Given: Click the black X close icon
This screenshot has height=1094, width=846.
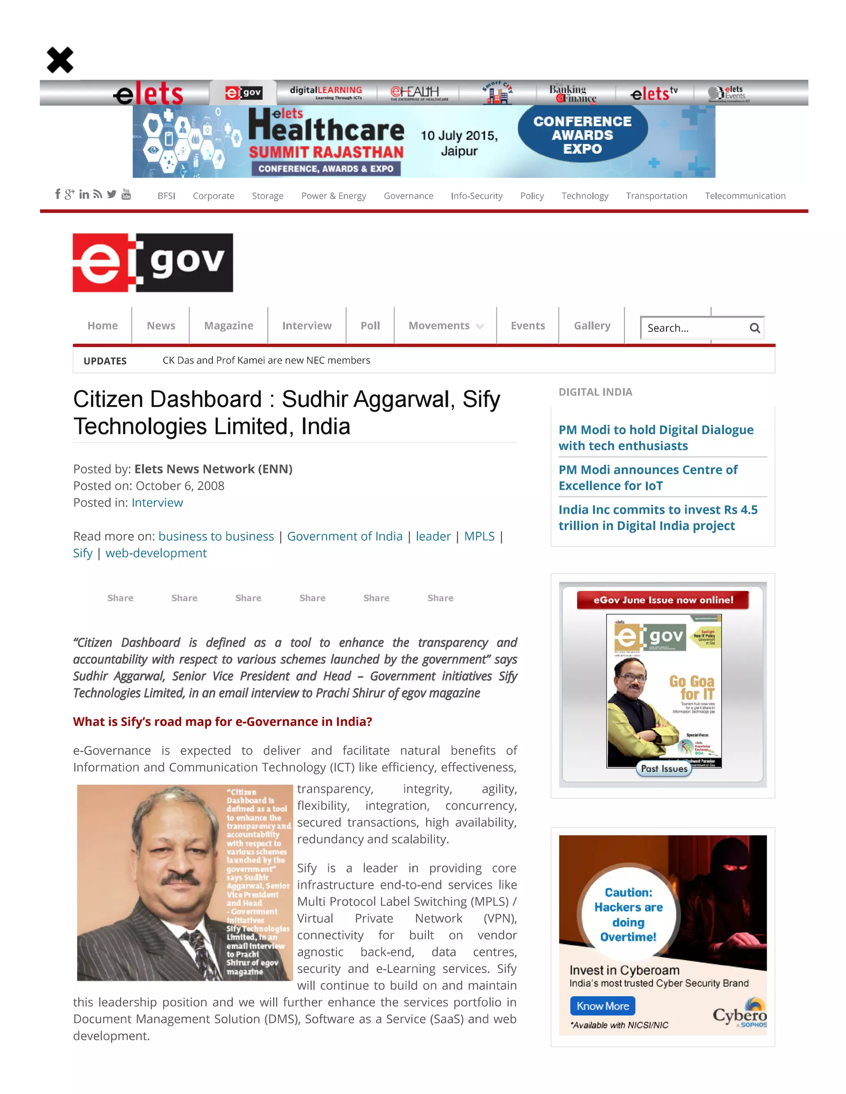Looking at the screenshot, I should (60, 60).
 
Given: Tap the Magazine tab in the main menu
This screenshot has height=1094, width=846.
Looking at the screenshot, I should (228, 326).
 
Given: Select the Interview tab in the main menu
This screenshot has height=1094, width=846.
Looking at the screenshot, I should (307, 326).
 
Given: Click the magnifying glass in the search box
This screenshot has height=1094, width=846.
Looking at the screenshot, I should (754, 328).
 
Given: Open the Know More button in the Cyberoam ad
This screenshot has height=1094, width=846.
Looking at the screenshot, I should (602, 1006).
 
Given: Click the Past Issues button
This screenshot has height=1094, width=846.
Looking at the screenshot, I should (664, 768).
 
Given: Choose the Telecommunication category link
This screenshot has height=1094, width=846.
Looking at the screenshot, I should (745, 196).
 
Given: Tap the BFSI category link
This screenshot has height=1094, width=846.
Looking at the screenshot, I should (166, 196).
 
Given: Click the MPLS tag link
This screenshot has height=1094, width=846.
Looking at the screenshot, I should (479, 537).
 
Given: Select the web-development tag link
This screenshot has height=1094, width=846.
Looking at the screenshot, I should (156, 553).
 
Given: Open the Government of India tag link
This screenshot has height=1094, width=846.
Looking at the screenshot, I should (345, 537).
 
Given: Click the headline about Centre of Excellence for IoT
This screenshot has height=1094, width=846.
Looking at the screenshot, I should (648, 478).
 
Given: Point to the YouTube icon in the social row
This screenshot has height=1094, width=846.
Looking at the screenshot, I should (126, 194).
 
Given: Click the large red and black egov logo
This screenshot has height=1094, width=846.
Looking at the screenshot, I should (153, 263).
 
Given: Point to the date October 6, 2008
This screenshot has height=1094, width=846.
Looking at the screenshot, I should (180, 486).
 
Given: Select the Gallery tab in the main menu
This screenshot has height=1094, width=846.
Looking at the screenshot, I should (592, 326).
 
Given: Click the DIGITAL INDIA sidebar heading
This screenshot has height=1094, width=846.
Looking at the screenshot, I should (595, 392).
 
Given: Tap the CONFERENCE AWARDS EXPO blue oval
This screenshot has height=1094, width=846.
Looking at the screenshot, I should (582, 135).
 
